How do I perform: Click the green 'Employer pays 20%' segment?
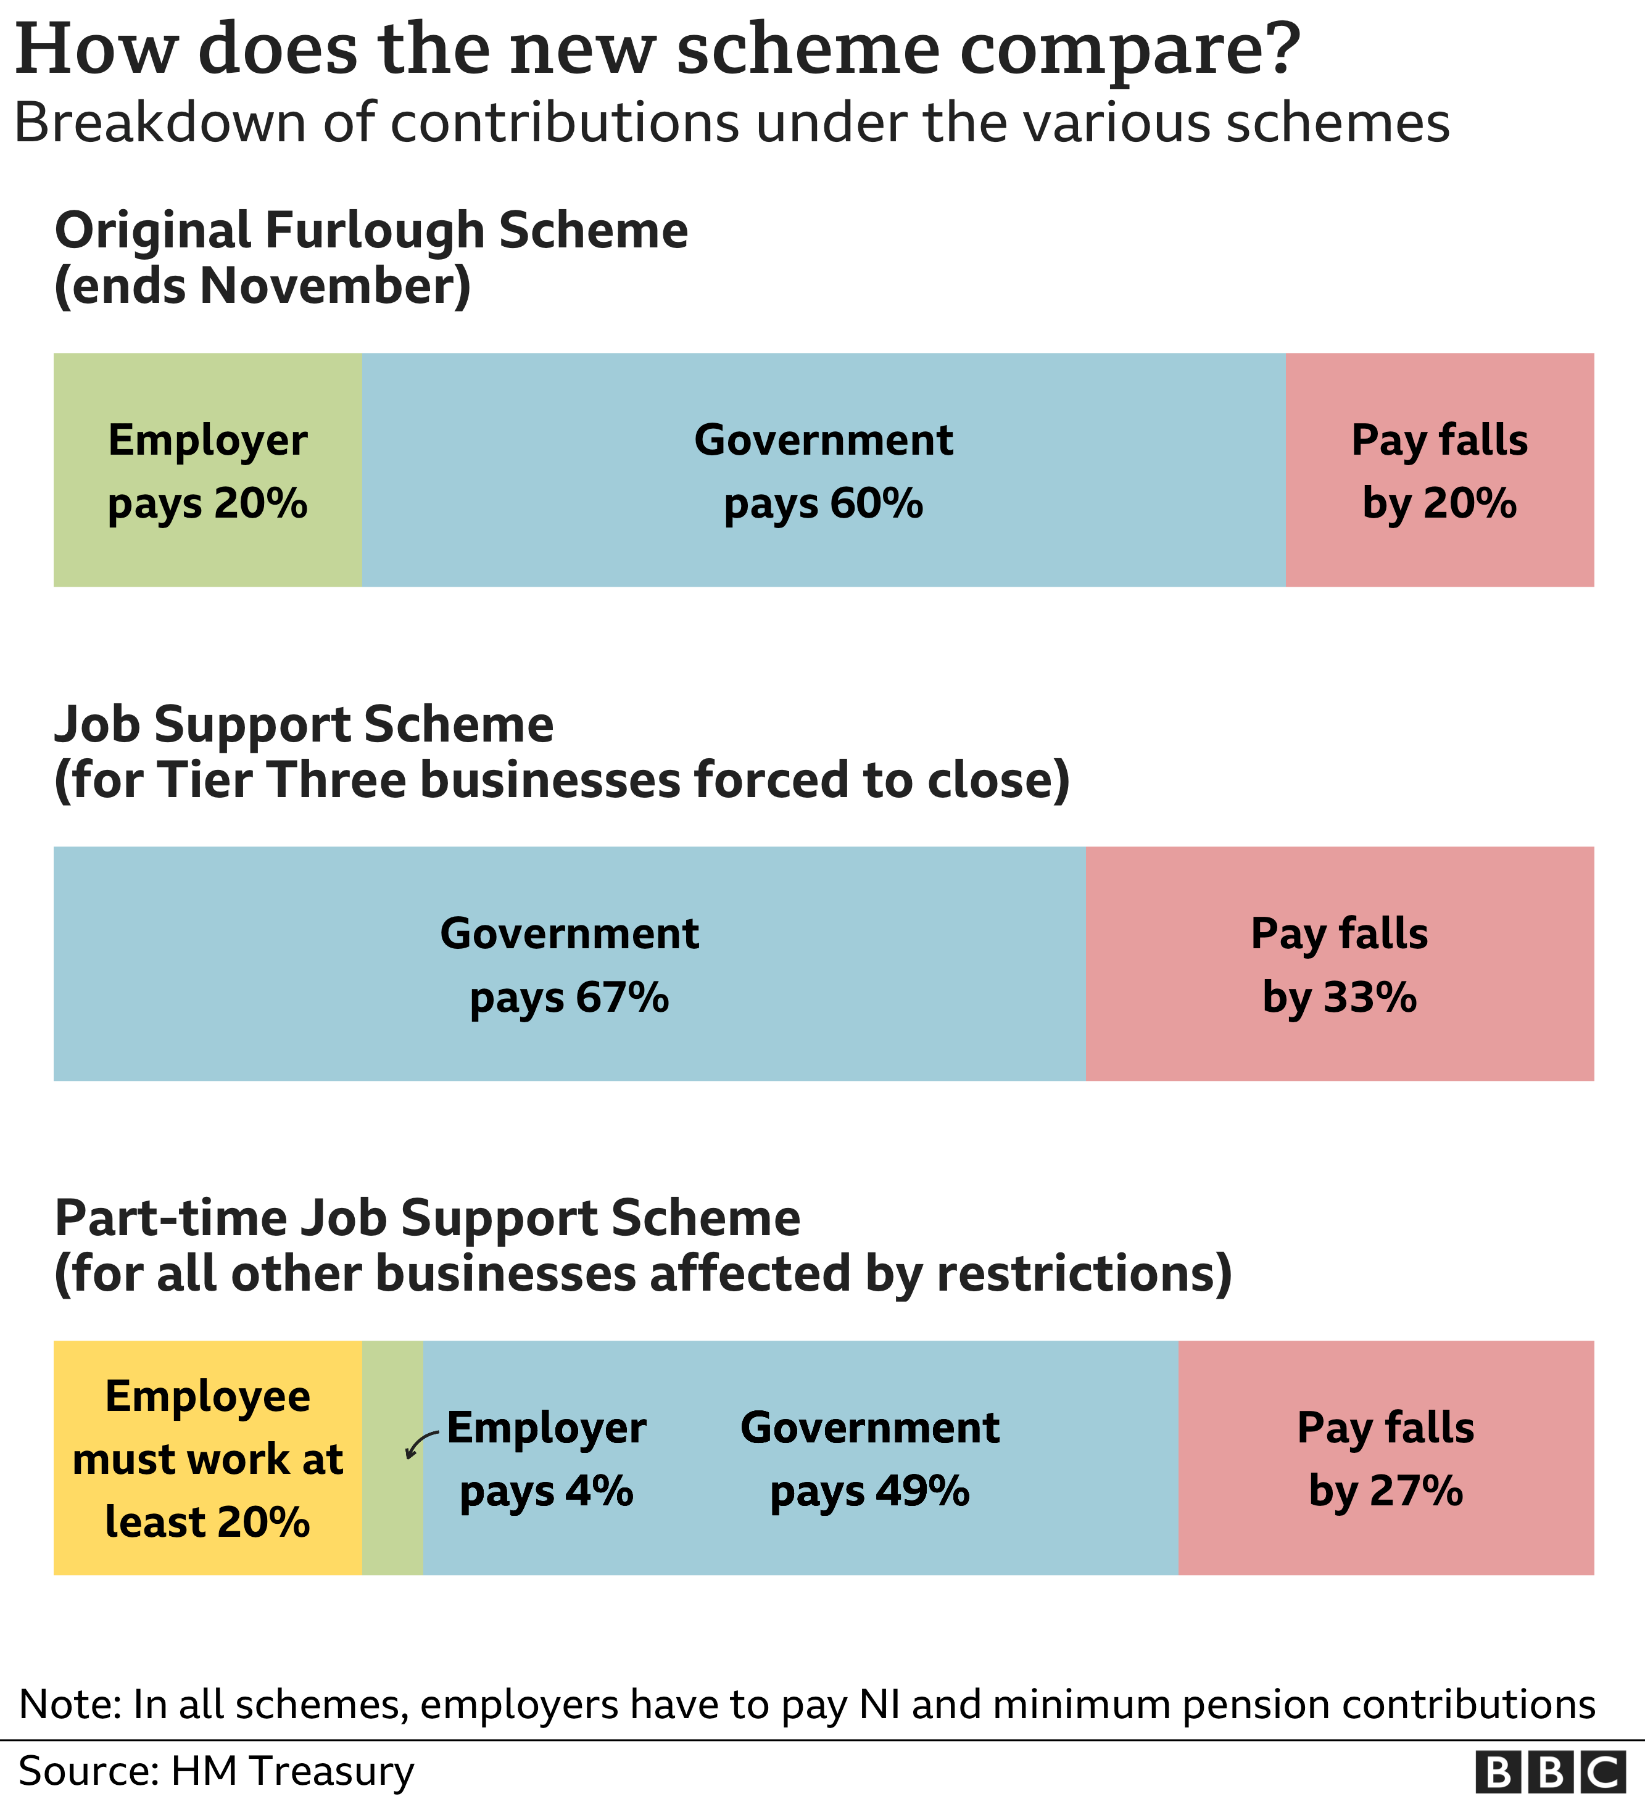pyautogui.click(x=207, y=470)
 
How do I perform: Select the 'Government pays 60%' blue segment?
pyautogui.click(x=823, y=470)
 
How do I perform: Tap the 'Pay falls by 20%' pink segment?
pyautogui.click(x=1439, y=470)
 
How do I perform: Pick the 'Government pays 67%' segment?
pyautogui.click(x=570, y=964)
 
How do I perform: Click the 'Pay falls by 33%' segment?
pyautogui.click(x=1339, y=964)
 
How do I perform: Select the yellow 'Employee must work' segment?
pyautogui.click(x=207, y=1458)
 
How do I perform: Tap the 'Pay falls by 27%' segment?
pyautogui.click(x=1385, y=1458)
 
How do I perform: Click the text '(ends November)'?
pyautogui.click(x=262, y=286)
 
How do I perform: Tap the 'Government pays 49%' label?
pyautogui.click(x=869, y=1458)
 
